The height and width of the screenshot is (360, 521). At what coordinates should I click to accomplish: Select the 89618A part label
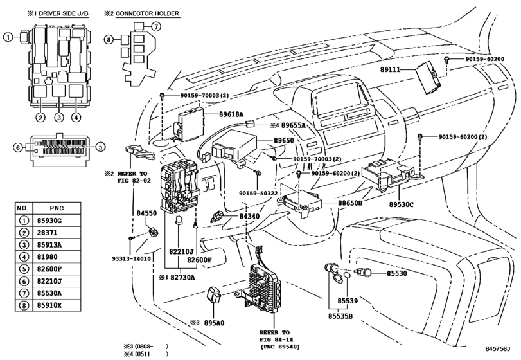click(x=231, y=114)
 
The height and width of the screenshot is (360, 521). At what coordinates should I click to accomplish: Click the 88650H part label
click(x=350, y=203)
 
